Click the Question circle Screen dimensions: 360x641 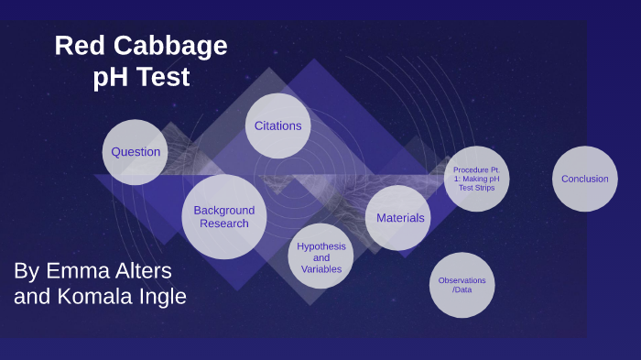tap(136, 152)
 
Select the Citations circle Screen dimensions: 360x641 tap(277, 125)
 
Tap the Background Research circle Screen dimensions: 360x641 tap(224, 217)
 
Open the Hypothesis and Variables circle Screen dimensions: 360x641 tap(320, 257)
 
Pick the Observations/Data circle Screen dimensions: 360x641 tap(462, 285)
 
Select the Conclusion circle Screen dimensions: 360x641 tap(584, 179)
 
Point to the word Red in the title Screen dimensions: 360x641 tap(75, 46)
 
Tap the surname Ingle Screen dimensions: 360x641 tap(162, 297)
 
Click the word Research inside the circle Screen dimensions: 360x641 tap(224, 224)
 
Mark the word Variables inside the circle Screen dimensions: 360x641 tap(320, 269)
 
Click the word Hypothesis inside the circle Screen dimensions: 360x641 tap(320, 246)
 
